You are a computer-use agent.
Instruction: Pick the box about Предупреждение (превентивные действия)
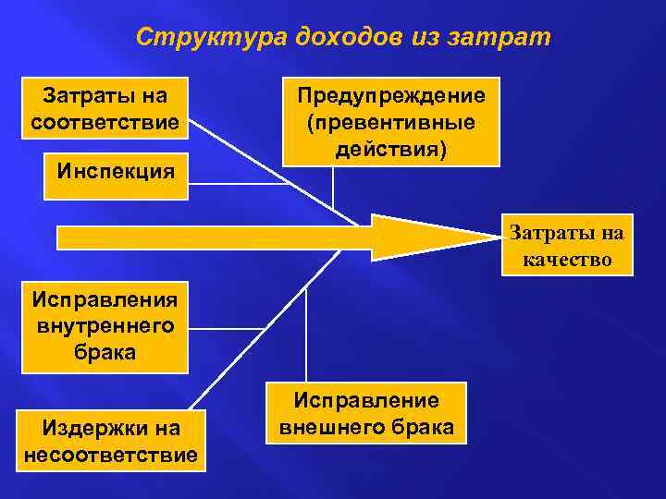coord(390,122)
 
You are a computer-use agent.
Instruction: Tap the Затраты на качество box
coord(567,245)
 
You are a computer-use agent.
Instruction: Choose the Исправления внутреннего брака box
coord(105,326)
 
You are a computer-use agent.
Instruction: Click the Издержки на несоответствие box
coord(110,442)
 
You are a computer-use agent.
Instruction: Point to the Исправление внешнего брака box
coord(366,413)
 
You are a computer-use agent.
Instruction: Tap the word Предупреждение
coord(390,96)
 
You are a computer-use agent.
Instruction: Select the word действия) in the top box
coord(390,148)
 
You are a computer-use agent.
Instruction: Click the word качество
coord(567,259)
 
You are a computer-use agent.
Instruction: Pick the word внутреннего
coord(105,326)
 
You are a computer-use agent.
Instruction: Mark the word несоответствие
coord(110,455)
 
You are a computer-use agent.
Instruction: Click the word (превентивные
coord(390,122)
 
